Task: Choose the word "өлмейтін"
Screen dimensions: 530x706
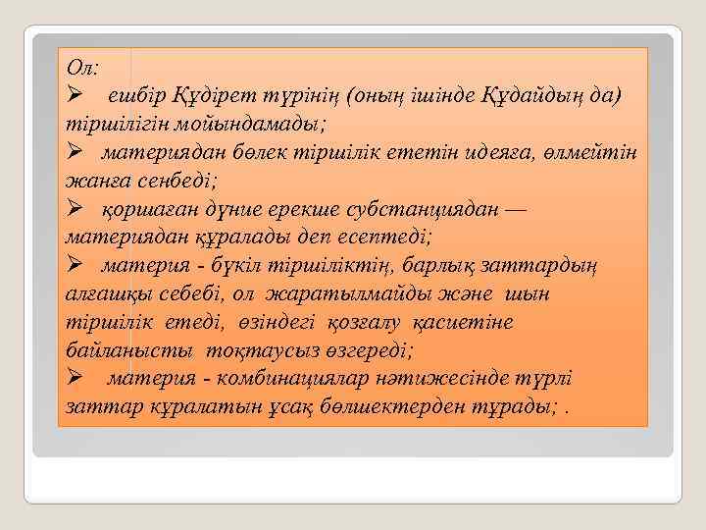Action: (x=593, y=154)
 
